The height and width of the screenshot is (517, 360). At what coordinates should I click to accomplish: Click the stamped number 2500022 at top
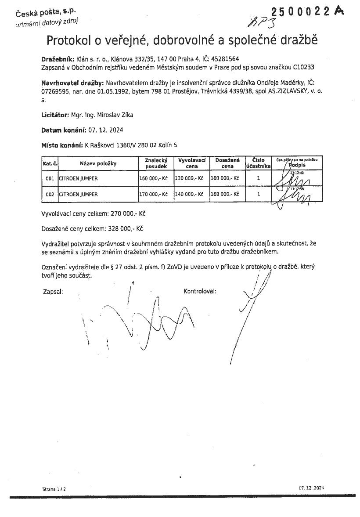point(300,12)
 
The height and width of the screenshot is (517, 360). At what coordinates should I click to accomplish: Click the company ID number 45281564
point(225,58)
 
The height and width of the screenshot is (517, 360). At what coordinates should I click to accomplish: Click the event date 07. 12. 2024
point(106,130)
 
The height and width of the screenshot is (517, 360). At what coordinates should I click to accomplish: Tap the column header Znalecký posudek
point(156,163)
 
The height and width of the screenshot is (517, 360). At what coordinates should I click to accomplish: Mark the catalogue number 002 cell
point(50,194)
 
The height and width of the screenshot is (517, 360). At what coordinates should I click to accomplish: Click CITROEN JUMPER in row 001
point(78,178)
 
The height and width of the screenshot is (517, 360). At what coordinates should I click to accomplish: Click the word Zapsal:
point(53,291)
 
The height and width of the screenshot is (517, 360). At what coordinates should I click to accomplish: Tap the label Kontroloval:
point(200,291)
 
